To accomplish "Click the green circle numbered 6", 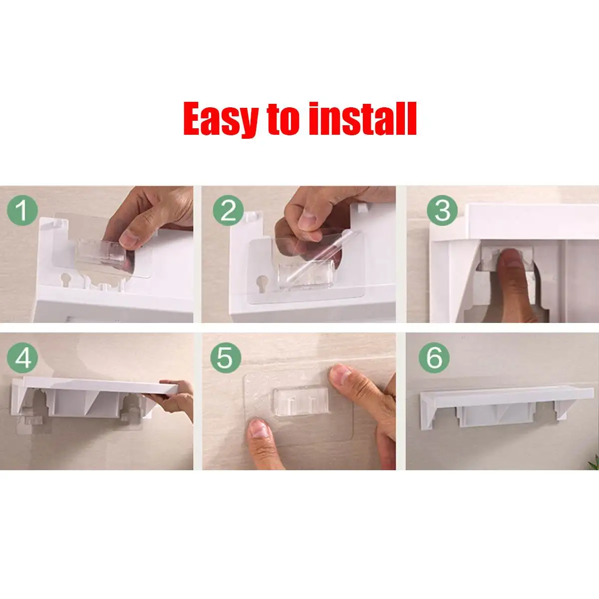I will point(434,357).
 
